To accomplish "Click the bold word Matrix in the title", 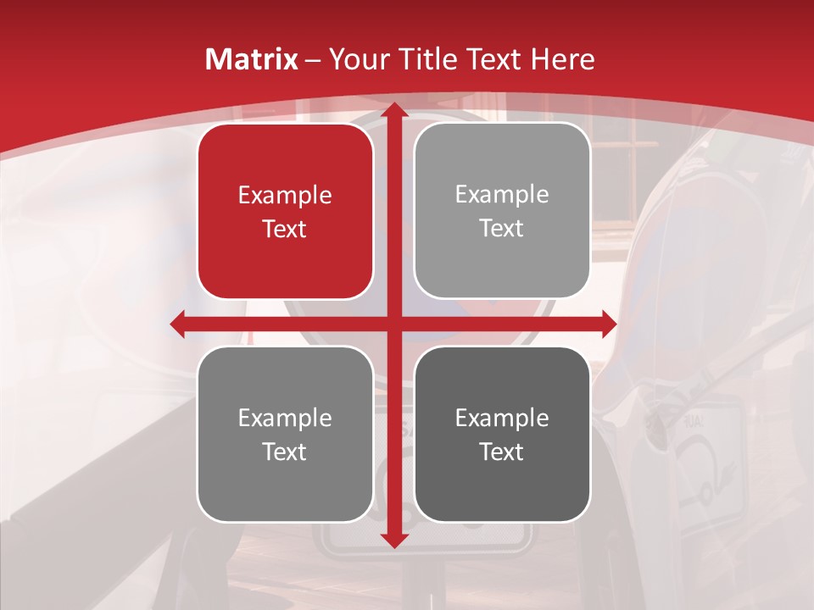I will point(252,59).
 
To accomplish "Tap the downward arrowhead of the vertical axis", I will point(393,541).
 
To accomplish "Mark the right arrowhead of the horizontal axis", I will point(609,324).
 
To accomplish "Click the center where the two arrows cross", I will point(393,324).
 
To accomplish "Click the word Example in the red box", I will point(285,196).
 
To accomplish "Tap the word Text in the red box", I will point(285,230).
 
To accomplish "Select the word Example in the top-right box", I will point(502,195).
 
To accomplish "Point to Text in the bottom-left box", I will point(285,452).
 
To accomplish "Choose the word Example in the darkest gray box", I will point(502,418).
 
